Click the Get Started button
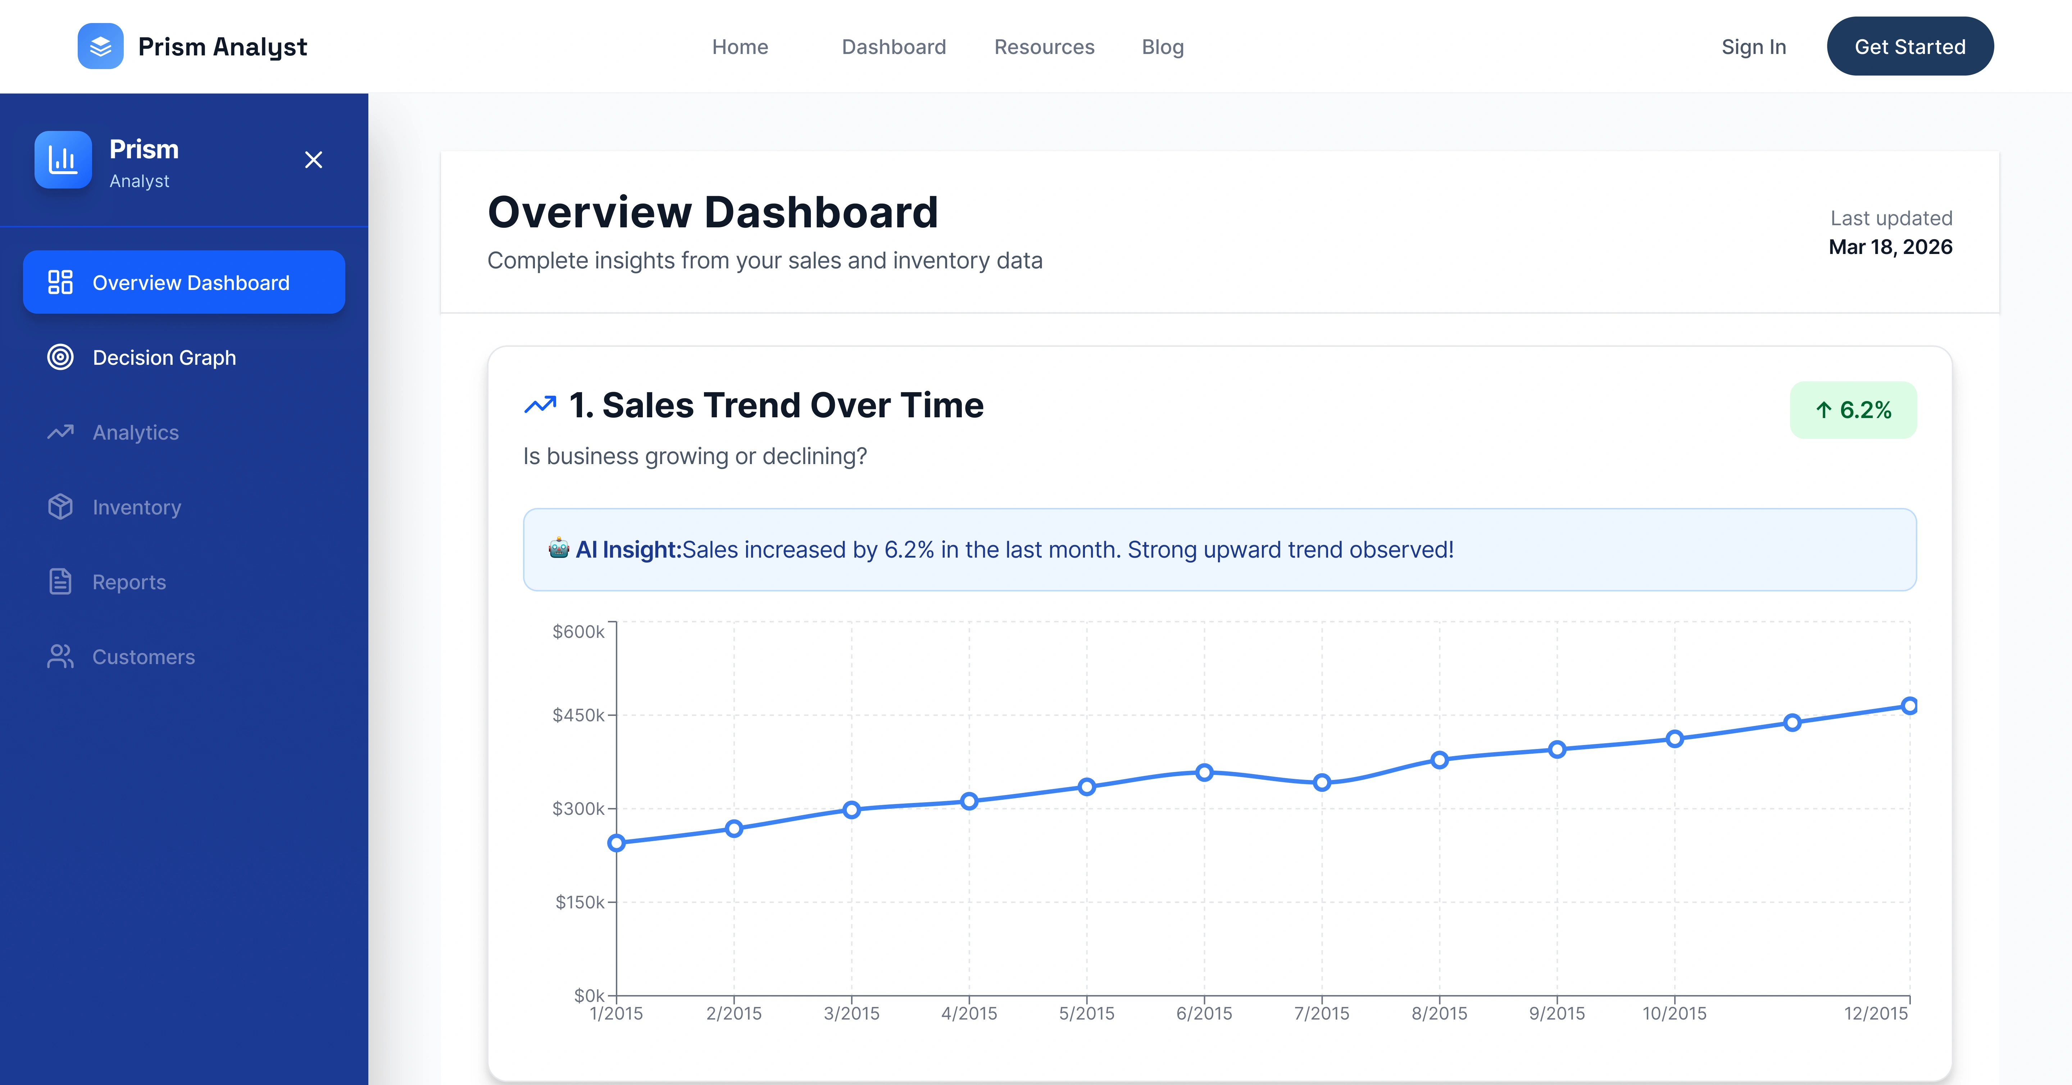click(1909, 47)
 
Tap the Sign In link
click(1754, 47)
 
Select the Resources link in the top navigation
click(1044, 47)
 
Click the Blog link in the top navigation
click(1162, 47)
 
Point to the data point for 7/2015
click(1322, 782)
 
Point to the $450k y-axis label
click(578, 715)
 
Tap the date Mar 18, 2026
click(1890, 247)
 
